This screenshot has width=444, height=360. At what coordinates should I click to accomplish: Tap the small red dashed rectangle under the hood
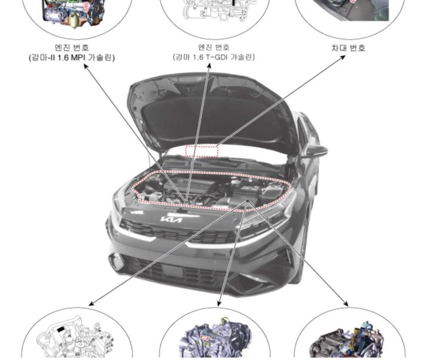(x=202, y=151)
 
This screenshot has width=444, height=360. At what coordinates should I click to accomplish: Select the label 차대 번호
(x=349, y=47)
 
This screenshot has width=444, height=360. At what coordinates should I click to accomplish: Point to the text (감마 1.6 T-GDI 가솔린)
(x=214, y=57)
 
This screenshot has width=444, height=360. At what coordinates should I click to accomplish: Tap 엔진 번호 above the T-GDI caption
(x=214, y=47)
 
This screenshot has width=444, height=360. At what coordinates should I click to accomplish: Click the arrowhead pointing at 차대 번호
(x=344, y=58)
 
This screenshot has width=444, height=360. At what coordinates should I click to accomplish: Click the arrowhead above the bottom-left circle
(x=91, y=303)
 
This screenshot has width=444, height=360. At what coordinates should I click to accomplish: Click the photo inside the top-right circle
(x=352, y=9)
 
